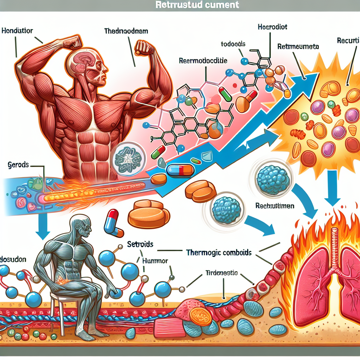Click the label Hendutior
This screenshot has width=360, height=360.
click(x=17, y=31)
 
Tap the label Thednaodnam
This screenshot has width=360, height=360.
click(x=126, y=31)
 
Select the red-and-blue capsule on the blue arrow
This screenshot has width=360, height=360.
click(x=180, y=170)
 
